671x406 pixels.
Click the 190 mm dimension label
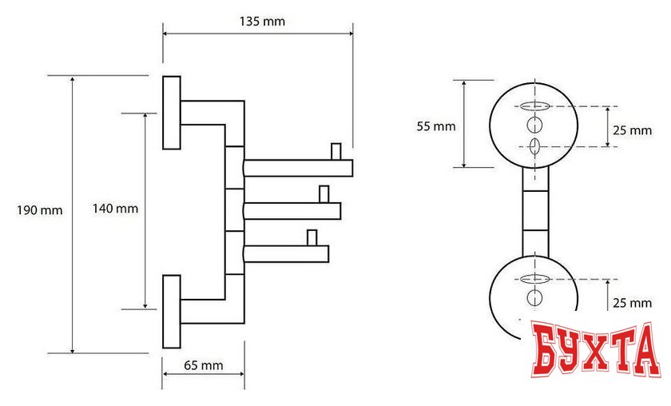(x=40, y=210)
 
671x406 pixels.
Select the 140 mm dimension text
(x=116, y=209)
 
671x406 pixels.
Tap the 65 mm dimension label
(x=203, y=365)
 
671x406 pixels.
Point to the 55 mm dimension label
(x=436, y=125)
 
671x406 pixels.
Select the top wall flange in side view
(x=172, y=112)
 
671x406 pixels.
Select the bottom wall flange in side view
(x=172, y=311)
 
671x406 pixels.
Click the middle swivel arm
(x=292, y=211)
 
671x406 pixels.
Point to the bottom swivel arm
(x=286, y=254)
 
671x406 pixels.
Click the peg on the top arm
(x=335, y=151)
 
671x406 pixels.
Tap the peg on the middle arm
(x=324, y=194)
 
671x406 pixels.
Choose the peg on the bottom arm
(x=312, y=237)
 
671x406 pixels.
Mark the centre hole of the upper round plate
(x=534, y=125)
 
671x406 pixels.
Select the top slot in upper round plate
(x=534, y=106)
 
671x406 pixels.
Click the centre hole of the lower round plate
(x=534, y=299)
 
